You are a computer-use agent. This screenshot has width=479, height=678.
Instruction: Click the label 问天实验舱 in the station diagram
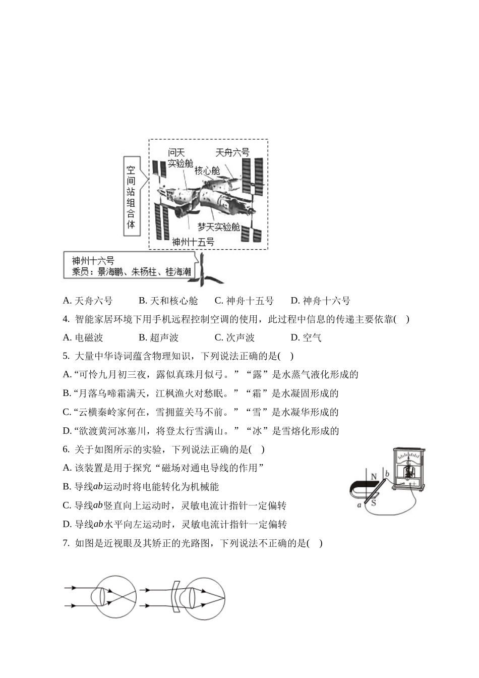click(180, 158)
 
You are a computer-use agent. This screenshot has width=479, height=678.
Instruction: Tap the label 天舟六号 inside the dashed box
click(232, 153)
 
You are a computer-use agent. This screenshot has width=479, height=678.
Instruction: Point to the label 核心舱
click(207, 171)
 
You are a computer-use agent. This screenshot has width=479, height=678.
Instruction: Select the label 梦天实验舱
click(218, 227)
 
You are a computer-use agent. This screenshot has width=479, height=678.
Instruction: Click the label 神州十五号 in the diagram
click(193, 242)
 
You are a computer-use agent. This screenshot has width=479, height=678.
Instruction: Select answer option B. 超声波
click(158, 337)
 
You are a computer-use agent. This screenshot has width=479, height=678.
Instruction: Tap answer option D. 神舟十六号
click(320, 301)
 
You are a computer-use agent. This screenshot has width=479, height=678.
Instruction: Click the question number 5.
click(66, 356)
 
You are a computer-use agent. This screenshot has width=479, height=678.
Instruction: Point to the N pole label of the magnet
click(374, 477)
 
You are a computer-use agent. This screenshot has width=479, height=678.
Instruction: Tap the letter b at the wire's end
click(387, 474)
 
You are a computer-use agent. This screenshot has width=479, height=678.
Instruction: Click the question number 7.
click(66, 543)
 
